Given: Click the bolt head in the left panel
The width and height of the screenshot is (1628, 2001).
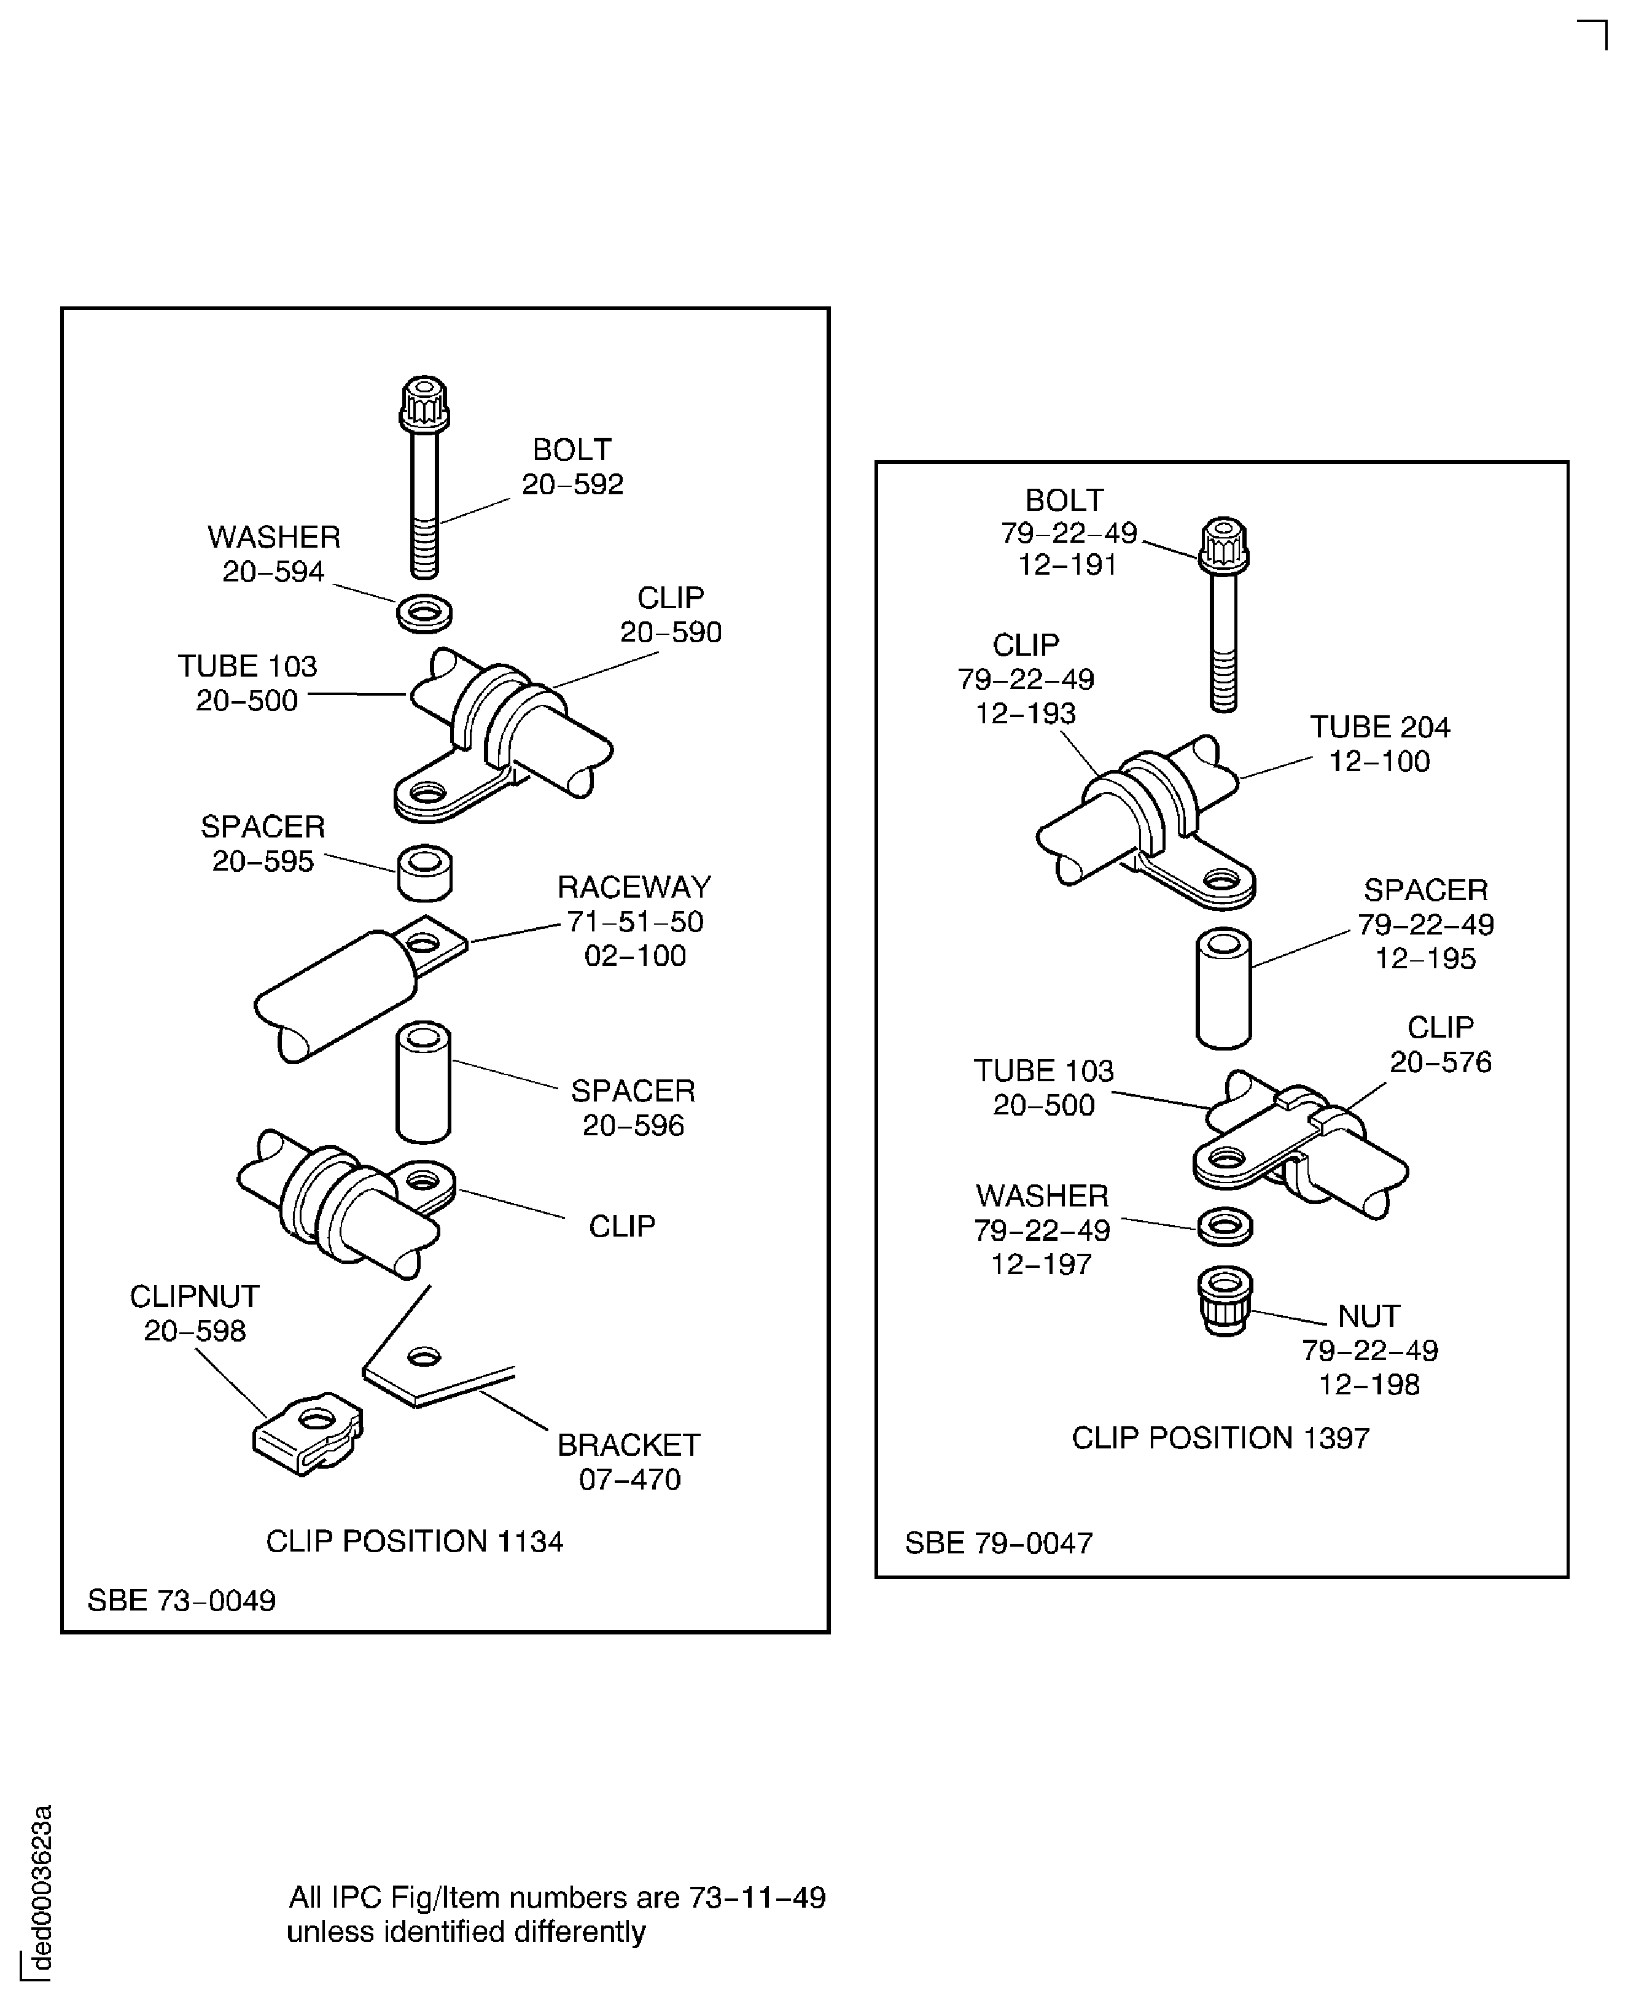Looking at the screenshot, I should [x=424, y=403].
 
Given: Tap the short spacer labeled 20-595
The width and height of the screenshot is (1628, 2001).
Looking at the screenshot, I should [x=425, y=871].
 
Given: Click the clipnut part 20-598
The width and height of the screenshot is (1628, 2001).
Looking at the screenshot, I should [x=308, y=1434].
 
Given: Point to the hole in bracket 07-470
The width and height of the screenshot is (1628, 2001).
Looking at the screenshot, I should [x=424, y=1357].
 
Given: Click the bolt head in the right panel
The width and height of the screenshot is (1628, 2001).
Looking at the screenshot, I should [x=1224, y=544].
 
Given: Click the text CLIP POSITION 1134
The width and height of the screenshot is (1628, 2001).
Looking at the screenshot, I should [x=415, y=1541].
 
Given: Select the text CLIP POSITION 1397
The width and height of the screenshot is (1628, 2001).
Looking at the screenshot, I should [x=1220, y=1437].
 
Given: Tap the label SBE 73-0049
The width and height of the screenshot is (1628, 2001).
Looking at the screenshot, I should [x=182, y=1599].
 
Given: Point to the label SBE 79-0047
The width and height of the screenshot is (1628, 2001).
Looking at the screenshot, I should [x=999, y=1542].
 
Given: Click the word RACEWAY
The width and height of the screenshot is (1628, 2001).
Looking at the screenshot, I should [x=634, y=887].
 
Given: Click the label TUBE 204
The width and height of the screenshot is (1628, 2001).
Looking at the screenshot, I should [x=1379, y=727].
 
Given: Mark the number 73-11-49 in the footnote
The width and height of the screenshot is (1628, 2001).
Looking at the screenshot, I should [x=757, y=1897].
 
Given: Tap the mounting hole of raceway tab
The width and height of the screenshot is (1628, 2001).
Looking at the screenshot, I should [x=427, y=941].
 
